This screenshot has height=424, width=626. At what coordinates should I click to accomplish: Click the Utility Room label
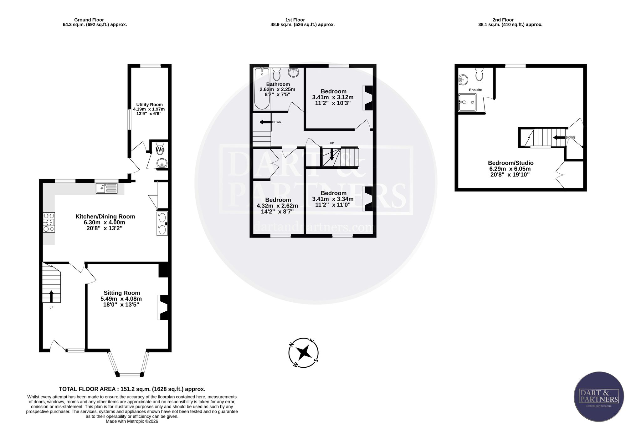coord(149,105)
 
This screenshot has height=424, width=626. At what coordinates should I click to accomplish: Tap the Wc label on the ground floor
coord(160,150)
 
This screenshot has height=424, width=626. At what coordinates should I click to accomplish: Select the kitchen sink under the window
coord(107,188)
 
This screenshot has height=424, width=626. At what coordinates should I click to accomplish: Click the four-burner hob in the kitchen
coord(49,222)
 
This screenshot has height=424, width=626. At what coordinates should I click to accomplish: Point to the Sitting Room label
coord(122,293)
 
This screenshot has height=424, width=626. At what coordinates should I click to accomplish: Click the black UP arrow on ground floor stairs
coord(51,296)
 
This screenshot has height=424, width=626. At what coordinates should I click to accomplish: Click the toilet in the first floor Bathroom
coord(276,74)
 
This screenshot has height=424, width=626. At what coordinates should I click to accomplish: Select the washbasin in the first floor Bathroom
coord(294,73)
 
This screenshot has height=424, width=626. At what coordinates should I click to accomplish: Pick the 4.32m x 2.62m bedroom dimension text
coord(277,206)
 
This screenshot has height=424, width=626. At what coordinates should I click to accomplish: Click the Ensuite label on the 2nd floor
coord(475,90)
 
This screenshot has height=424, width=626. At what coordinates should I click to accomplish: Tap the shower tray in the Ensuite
coord(467,102)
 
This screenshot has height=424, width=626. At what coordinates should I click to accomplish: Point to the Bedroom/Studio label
coord(511,163)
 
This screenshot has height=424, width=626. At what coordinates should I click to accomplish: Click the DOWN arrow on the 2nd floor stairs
coord(559,137)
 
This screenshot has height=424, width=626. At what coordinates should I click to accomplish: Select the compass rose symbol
coord(303,353)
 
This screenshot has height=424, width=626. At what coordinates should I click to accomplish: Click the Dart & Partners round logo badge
coord(599,396)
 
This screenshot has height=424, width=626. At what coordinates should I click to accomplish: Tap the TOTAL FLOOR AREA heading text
coord(132,389)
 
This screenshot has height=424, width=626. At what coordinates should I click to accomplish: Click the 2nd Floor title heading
coord(503,20)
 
